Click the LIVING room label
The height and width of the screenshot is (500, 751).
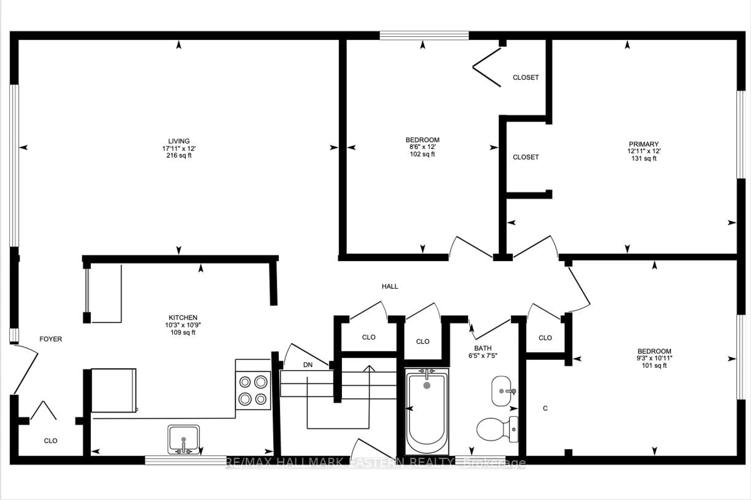tap(179, 141)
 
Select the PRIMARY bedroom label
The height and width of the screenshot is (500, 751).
tap(644, 144)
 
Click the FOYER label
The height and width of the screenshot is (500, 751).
tap(51, 339)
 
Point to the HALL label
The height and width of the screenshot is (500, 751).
tap(390, 286)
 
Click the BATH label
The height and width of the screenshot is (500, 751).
tap(483, 348)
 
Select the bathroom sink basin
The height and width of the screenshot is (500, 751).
tap(501, 391)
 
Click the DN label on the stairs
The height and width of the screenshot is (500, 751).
tap(308, 365)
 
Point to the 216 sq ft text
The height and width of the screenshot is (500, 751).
tap(179, 156)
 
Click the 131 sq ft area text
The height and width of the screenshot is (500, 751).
tap(644, 158)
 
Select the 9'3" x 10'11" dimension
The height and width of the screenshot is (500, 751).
tap(654, 358)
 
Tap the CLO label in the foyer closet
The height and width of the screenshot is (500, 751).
tap(51, 441)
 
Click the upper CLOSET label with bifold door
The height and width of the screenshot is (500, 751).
tap(526, 77)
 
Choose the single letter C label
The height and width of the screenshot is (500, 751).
tap(545, 408)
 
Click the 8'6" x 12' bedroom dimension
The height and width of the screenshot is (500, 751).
tap(422, 147)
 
